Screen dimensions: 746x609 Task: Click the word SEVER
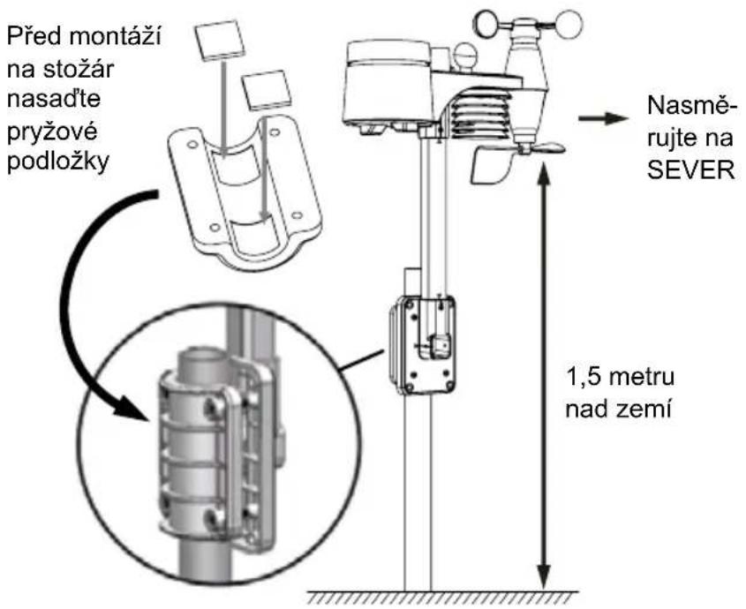[691, 169]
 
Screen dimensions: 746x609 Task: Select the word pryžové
[53, 130]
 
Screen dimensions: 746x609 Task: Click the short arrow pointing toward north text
[603, 117]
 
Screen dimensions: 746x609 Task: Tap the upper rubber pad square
[219, 40]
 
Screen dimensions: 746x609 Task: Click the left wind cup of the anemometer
[490, 23]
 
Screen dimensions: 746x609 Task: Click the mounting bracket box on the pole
[424, 345]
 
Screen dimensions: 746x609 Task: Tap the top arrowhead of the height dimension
[544, 171]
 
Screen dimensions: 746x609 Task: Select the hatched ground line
[442, 598]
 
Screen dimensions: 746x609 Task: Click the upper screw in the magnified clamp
[211, 406]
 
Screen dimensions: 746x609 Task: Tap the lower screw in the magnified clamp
[210, 516]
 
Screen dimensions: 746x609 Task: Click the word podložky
[58, 162]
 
